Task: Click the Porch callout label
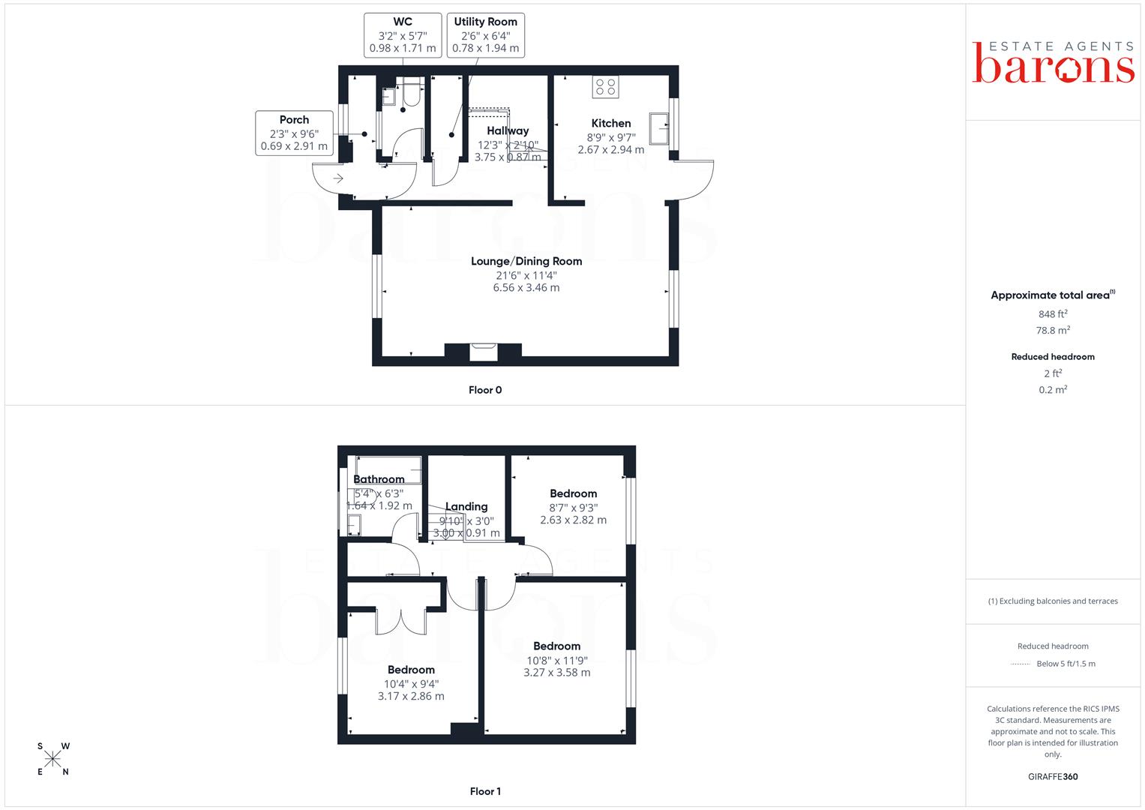pyautogui.click(x=294, y=133)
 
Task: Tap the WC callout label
pyautogui.click(x=403, y=35)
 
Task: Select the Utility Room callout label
pyautogui.click(x=486, y=35)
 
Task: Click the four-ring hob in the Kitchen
pyautogui.click(x=606, y=87)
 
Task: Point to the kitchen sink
pyautogui.click(x=659, y=128)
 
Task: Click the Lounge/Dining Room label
pyautogui.click(x=526, y=261)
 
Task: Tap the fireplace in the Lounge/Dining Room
pyautogui.click(x=484, y=352)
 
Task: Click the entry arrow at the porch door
pyautogui.click(x=338, y=178)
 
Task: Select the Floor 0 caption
pyautogui.click(x=485, y=390)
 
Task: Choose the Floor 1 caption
pyautogui.click(x=485, y=791)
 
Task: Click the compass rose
pyautogui.click(x=52, y=759)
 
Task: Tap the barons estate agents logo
pyautogui.click(x=1053, y=62)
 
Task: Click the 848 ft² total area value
pyautogui.click(x=1053, y=314)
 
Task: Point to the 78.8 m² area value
pyautogui.click(x=1053, y=330)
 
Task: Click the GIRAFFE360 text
pyautogui.click(x=1053, y=777)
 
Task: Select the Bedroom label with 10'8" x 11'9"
pyautogui.click(x=556, y=646)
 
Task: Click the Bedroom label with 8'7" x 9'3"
pyautogui.click(x=573, y=493)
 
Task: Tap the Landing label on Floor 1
pyautogui.click(x=466, y=507)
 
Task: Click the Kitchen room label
pyautogui.click(x=611, y=123)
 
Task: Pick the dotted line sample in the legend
pyautogui.click(x=1021, y=664)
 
